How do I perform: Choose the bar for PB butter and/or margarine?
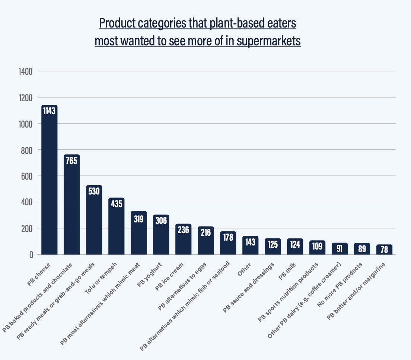pos(384,250)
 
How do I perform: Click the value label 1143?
pos(49,110)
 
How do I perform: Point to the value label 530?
pos(94,191)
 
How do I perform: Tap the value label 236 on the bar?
pos(183,229)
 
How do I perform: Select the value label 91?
pos(340,248)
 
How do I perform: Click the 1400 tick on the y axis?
pos(26,71)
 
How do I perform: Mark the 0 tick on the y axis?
pos(31,255)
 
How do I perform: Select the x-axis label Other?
pos(245,269)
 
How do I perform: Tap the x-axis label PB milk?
pos(289,270)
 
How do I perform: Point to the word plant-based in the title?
pos(215,23)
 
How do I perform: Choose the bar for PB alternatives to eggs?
pos(205,241)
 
